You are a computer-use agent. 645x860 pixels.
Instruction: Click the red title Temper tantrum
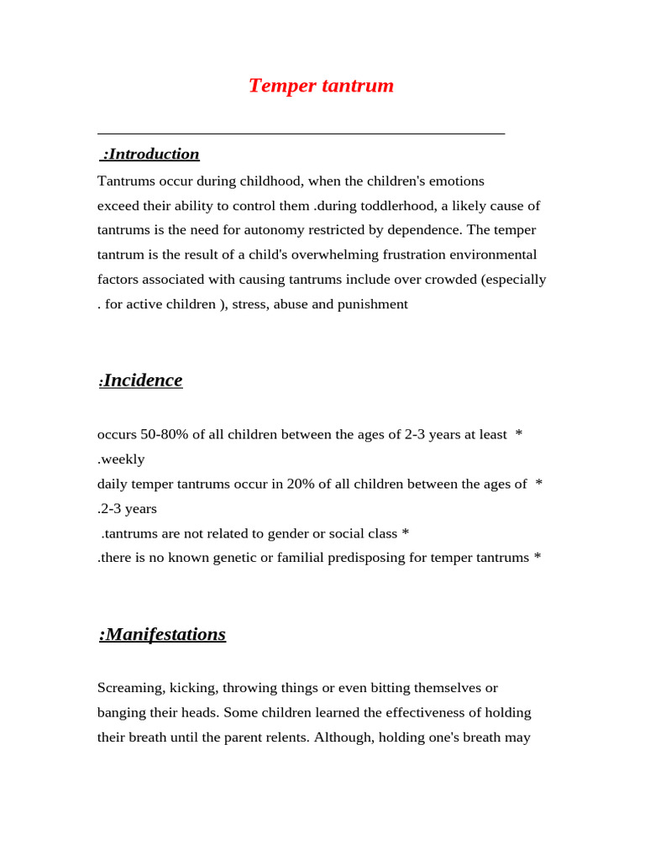(x=321, y=86)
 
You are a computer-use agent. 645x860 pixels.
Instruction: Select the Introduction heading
(x=150, y=154)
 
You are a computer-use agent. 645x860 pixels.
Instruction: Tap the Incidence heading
(x=141, y=380)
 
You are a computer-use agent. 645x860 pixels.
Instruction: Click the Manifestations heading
(x=162, y=634)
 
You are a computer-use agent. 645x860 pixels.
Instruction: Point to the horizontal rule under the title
(x=301, y=134)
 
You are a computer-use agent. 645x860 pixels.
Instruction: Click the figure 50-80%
(x=165, y=434)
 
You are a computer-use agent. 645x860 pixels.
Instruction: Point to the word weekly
(x=123, y=459)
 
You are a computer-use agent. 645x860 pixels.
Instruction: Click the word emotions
(x=456, y=181)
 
